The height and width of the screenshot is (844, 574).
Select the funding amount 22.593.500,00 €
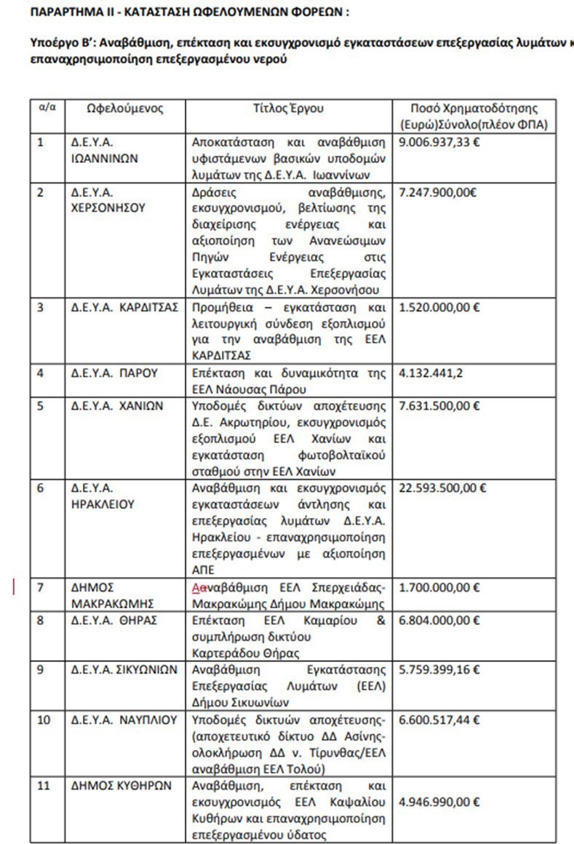click(442, 487)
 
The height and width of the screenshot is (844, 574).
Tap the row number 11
click(44, 787)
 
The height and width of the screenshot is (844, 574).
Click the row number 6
click(41, 487)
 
